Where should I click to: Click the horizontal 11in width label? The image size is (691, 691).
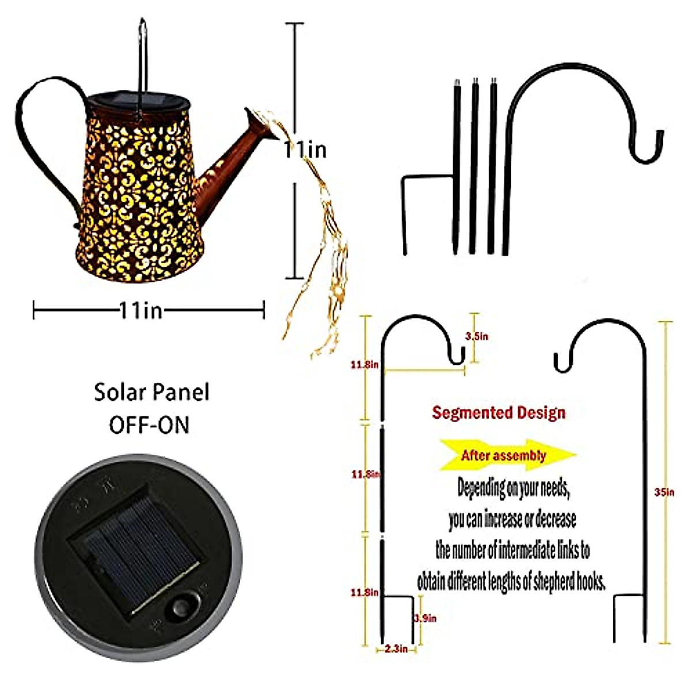[141, 312]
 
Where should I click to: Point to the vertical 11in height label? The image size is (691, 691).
[305, 150]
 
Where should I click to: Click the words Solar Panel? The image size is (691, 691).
[151, 393]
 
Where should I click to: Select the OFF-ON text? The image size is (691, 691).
[149, 425]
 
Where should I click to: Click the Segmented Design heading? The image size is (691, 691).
[499, 412]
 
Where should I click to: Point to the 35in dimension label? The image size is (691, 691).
[665, 492]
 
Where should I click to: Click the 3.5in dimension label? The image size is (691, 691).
[477, 336]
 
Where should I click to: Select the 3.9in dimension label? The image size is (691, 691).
[426, 618]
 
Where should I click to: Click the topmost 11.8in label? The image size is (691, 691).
[365, 365]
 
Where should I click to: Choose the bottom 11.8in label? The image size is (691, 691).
[365, 592]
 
